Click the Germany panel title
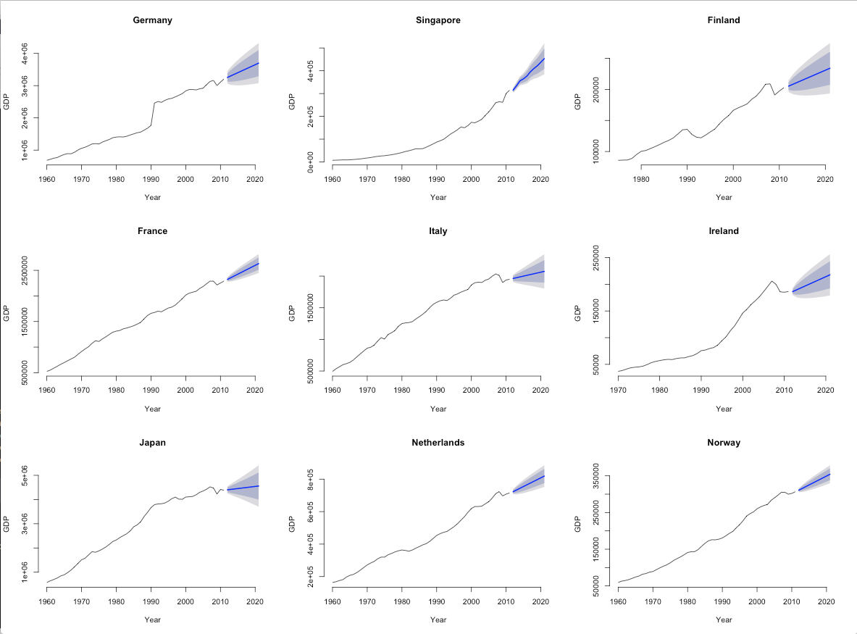152,20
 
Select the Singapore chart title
438,20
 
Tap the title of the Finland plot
724,20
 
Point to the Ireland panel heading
724,231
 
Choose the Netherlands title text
438,442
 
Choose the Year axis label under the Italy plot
438,409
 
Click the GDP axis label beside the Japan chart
7,525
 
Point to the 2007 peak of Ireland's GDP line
772,281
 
